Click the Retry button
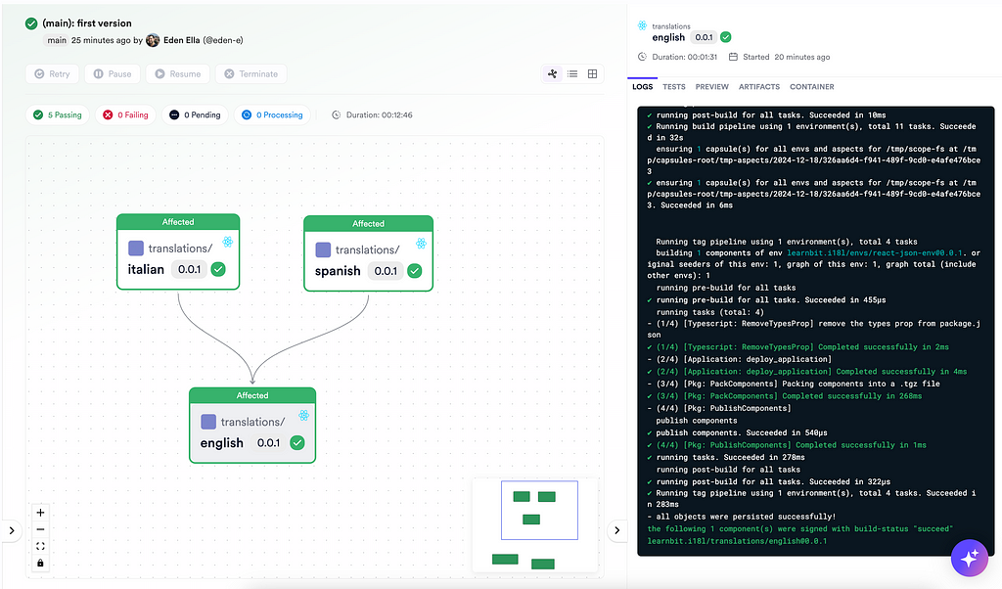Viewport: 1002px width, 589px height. pyautogui.click(x=53, y=74)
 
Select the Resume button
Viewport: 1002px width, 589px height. pyautogui.click(x=178, y=74)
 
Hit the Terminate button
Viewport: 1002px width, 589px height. pyautogui.click(x=251, y=74)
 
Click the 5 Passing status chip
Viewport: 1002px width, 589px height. pyautogui.click(x=58, y=115)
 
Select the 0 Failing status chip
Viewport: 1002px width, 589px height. pyautogui.click(x=126, y=115)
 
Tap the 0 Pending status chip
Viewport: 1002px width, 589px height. pyautogui.click(x=195, y=115)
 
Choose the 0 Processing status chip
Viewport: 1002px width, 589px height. pyautogui.click(x=272, y=115)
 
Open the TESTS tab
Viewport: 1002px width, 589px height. pyautogui.click(x=673, y=87)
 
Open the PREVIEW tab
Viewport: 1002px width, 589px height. pyautogui.click(x=712, y=87)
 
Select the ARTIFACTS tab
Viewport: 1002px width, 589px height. pyautogui.click(x=759, y=87)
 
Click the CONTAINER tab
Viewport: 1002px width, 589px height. pyautogui.click(x=811, y=87)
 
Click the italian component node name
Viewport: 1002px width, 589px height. pyautogui.click(x=146, y=270)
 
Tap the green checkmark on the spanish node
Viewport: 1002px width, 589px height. pyautogui.click(x=415, y=271)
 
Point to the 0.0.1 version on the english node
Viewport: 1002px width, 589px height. pyautogui.click(x=268, y=442)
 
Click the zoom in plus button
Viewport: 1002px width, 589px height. pyautogui.click(x=40, y=513)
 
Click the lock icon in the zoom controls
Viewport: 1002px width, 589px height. pyautogui.click(x=40, y=563)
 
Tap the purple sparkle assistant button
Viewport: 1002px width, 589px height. pyautogui.click(x=970, y=558)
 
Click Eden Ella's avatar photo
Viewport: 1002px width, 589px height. pyautogui.click(x=153, y=40)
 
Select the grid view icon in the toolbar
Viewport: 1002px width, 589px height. pyautogui.click(x=592, y=74)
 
